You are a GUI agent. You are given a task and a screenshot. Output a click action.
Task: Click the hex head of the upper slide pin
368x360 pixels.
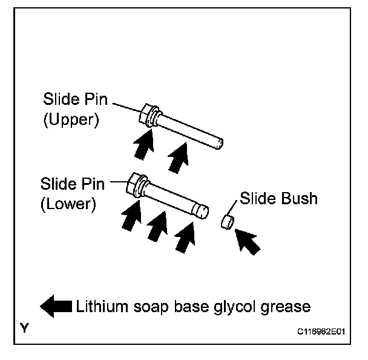(x=146, y=115)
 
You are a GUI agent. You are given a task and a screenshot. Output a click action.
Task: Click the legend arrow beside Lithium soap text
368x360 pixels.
(x=55, y=307)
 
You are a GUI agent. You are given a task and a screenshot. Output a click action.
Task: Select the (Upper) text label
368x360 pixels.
(x=70, y=119)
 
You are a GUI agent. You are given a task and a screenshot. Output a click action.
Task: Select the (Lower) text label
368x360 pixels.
(x=68, y=204)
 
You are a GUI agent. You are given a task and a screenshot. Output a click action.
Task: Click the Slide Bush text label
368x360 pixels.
(x=278, y=198)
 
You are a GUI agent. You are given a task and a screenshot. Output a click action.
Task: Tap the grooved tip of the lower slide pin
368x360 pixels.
(x=202, y=211)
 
